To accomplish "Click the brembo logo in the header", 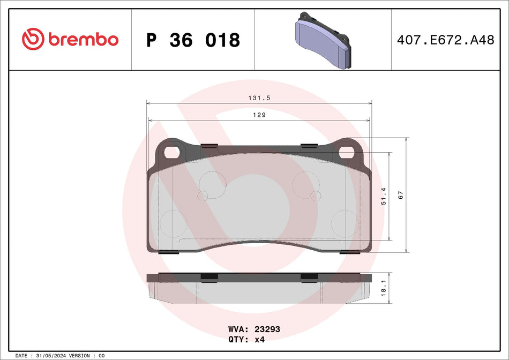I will pyautogui.click(x=70, y=39).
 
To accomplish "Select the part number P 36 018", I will pyautogui.click(x=193, y=40).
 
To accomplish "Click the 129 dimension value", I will pyautogui.click(x=259, y=115).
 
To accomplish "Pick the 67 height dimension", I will pyautogui.click(x=400, y=196).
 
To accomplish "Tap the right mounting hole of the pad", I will pyautogui.click(x=346, y=152).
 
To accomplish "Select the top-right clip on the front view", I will pyautogui.click(x=309, y=145).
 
